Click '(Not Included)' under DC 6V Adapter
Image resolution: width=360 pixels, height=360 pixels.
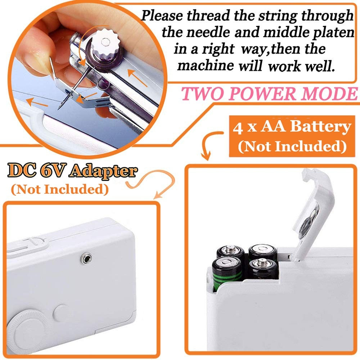coord(59,189)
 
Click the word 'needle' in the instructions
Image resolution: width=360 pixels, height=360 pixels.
coord(208,32)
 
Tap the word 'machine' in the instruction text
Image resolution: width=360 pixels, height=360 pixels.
coord(206,66)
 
